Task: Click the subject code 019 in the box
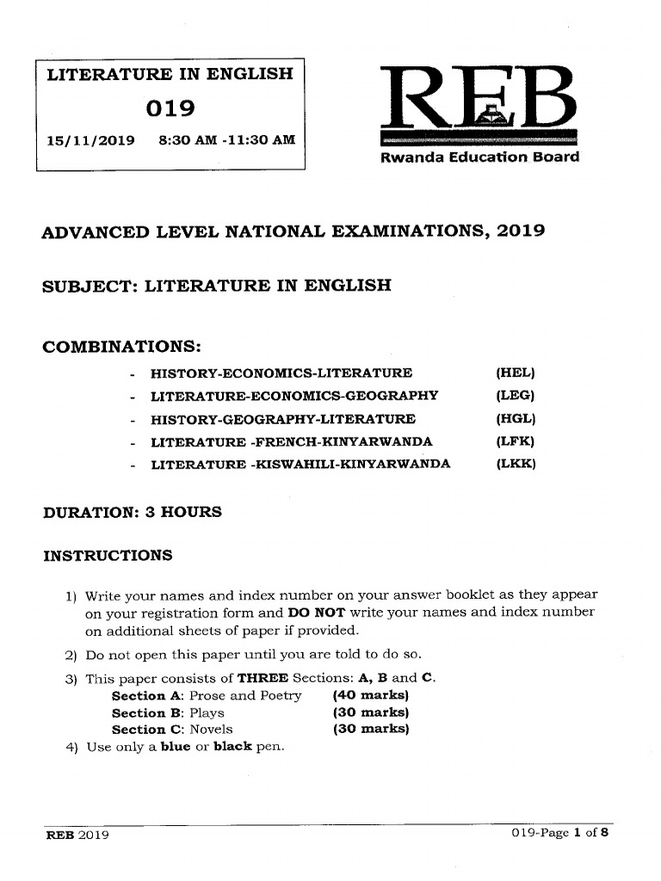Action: pyautogui.click(x=170, y=108)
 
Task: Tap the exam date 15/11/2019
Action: pyautogui.click(x=90, y=141)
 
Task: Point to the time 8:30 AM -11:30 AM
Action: pyautogui.click(x=227, y=141)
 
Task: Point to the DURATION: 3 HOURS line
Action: pyautogui.click(x=133, y=512)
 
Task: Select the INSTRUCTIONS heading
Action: pyautogui.click(x=108, y=555)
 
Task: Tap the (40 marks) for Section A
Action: pyautogui.click(x=369, y=695)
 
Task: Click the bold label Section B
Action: pyautogui.click(x=146, y=712)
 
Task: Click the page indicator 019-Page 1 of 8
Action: pyautogui.click(x=559, y=834)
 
